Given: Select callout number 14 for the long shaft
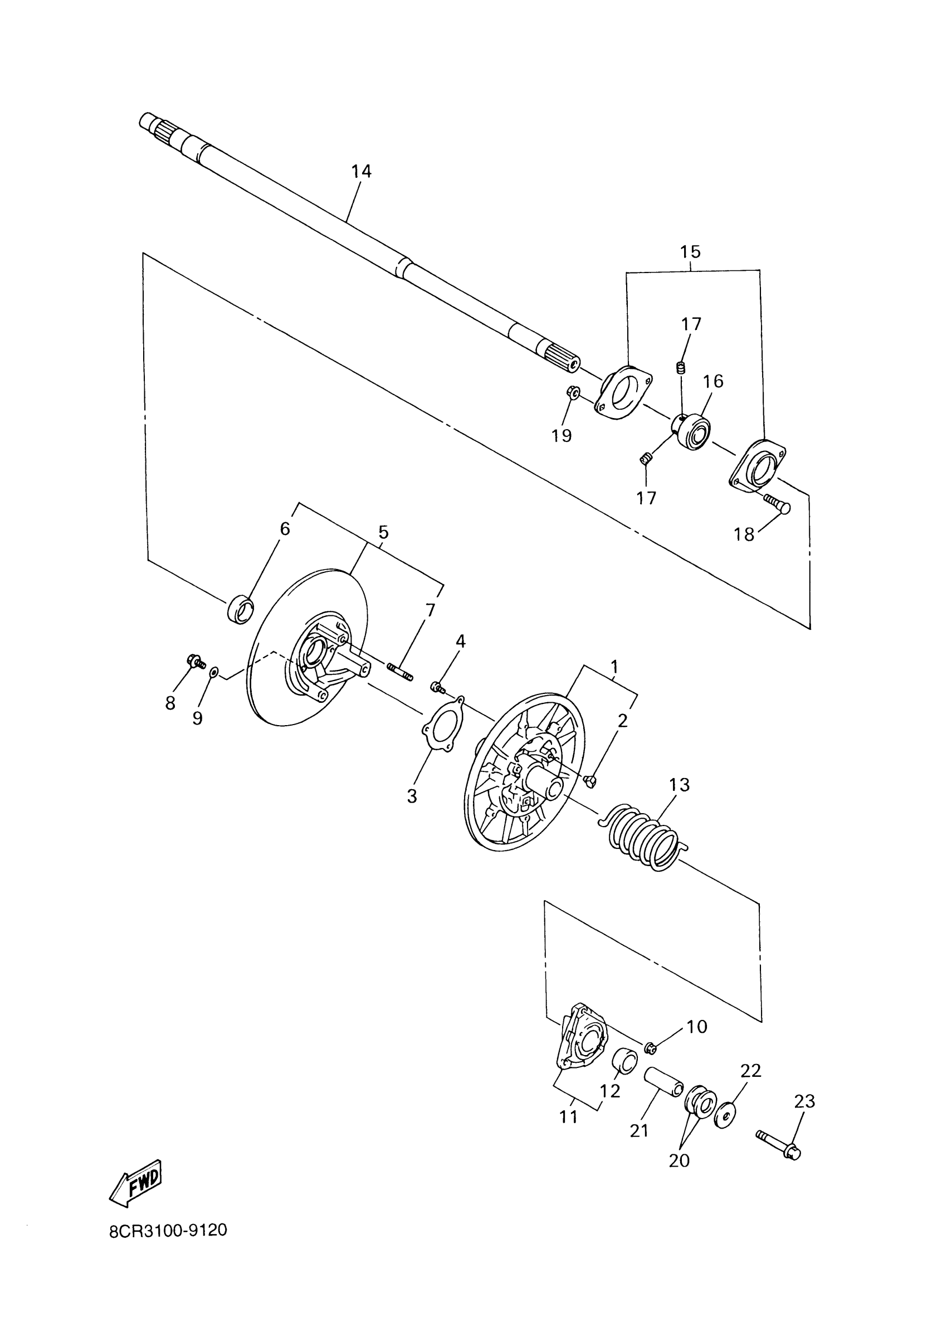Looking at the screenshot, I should (362, 172).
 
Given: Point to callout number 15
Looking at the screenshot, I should (690, 252).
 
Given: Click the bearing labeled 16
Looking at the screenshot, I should (693, 431).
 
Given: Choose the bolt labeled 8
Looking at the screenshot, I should (196, 662).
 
